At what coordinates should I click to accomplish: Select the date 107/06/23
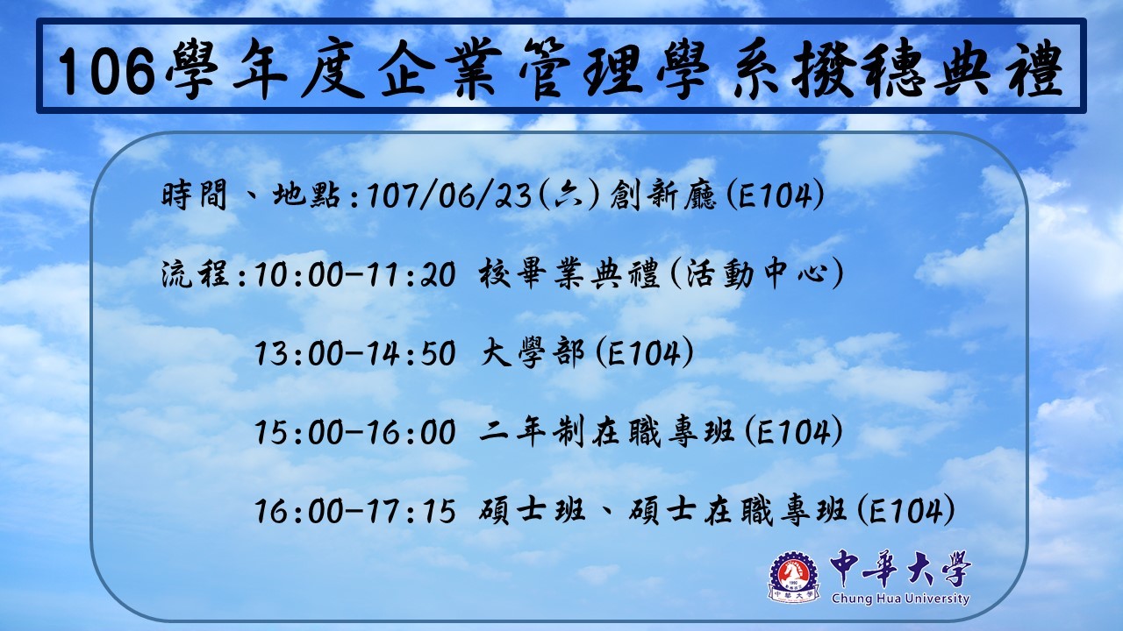(x=448, y=195)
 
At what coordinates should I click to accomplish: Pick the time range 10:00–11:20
(x=355, y=275)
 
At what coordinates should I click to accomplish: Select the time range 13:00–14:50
(x=355, y=353)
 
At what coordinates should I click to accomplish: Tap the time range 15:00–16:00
(x=355, y=433)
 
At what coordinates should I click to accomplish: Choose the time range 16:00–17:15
(x=355, y=511)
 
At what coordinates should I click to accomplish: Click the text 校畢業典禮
(x=569, y=274)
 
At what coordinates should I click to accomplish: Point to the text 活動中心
(x=757, y=274)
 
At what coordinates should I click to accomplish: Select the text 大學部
(x=533, y=353)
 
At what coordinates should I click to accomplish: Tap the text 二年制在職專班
(x=607, y=432)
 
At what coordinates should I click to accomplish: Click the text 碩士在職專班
(x=738, y=511)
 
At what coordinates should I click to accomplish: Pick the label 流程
(x=196, y=275)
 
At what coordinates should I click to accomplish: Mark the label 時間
(x=194, y=195)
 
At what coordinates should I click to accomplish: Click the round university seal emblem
(x=794, y=577)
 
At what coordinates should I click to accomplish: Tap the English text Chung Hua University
(x=900, y=599)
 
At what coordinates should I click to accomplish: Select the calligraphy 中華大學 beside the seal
(x=900, y=569)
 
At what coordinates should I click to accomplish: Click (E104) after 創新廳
(x=775, y=195)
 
